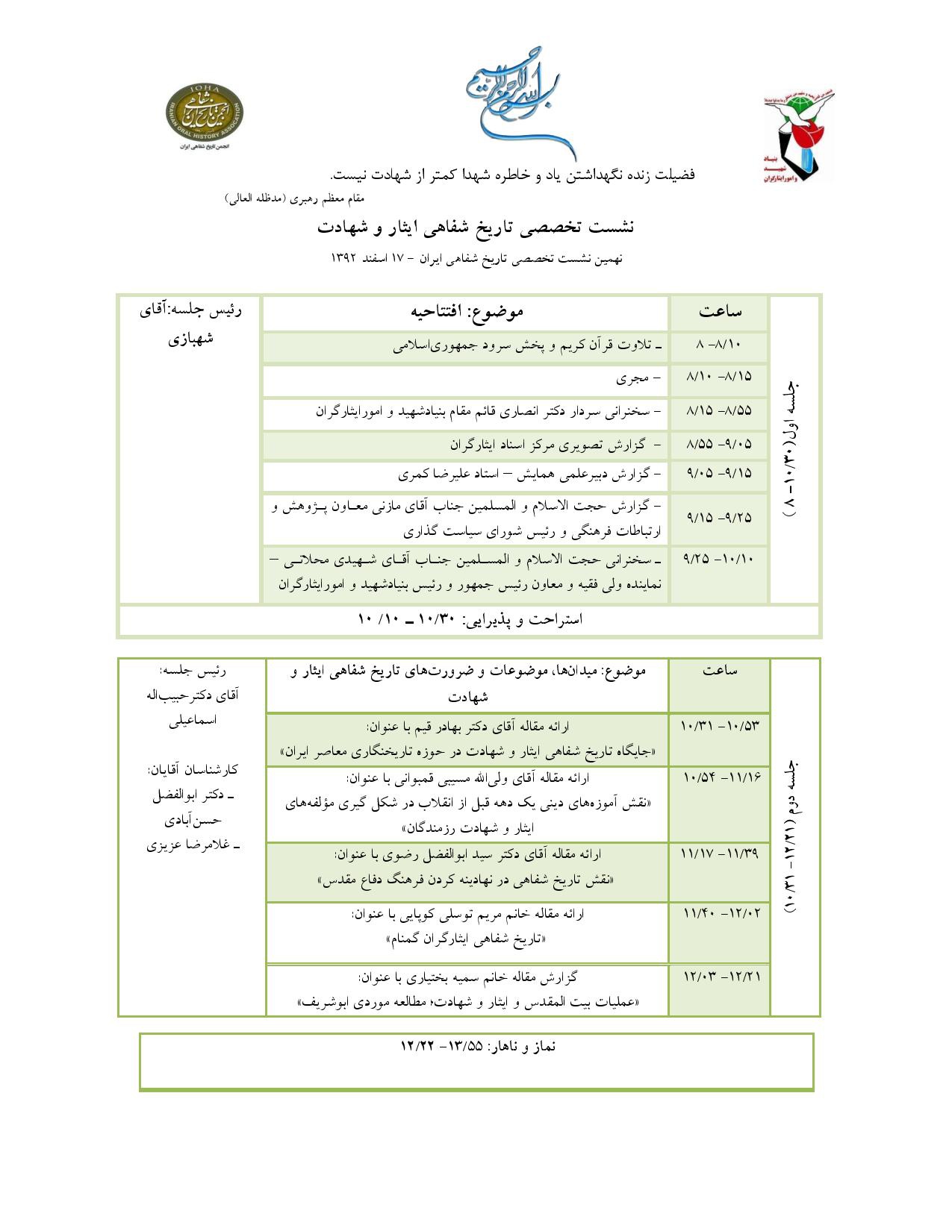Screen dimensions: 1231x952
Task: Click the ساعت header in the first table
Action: [720, 312]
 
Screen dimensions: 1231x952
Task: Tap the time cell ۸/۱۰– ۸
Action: [718, 345]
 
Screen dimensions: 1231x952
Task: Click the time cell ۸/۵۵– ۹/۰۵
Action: [718, 445]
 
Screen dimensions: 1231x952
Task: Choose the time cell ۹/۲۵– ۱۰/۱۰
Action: [718, 559]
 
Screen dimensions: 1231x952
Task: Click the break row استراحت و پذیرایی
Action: [470, 620]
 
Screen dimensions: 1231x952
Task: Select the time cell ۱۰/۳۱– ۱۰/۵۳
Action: [720, 725]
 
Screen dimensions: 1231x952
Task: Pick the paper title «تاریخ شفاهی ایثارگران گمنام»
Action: [467, 939]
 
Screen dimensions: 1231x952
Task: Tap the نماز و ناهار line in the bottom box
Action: [478, 1047]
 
